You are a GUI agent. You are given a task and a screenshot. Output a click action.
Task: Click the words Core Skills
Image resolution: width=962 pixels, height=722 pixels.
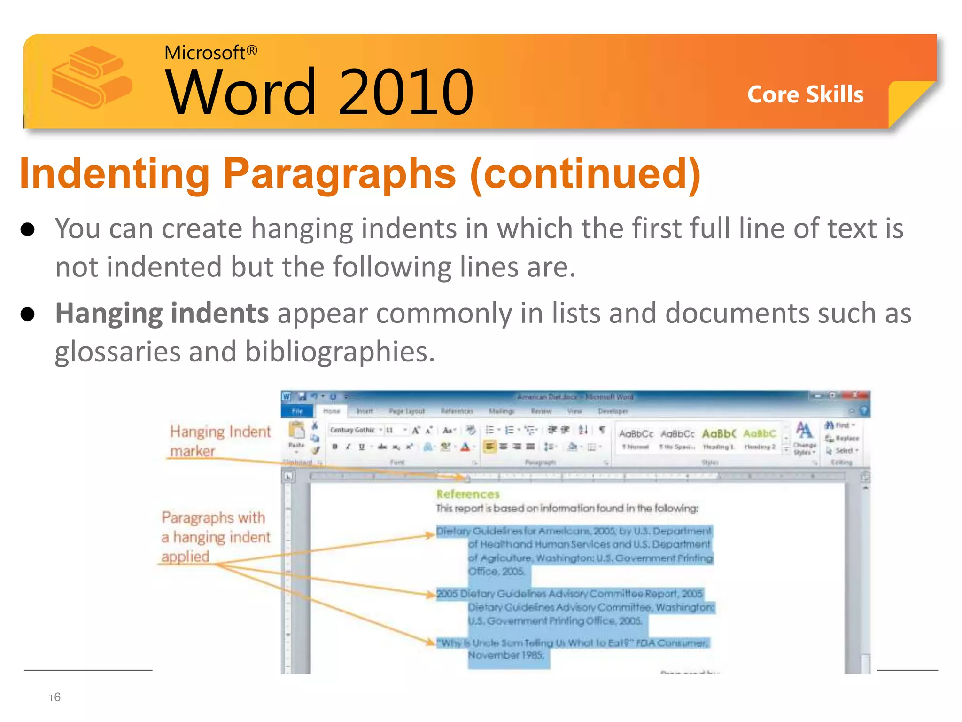[x=805, y=94]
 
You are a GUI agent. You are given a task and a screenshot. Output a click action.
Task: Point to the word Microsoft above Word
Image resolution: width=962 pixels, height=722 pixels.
[x=204, y=53]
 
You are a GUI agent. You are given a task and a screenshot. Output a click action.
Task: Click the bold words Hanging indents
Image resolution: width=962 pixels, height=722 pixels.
[x=162, y=314]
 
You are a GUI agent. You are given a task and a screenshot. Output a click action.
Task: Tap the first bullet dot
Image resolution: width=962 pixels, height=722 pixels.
[x=28, y=230]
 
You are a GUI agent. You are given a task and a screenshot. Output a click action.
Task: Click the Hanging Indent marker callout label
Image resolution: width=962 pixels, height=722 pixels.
[x=220, y=441]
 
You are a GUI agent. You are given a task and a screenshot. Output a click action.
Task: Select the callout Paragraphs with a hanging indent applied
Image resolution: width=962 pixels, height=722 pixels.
[x=216, y=537]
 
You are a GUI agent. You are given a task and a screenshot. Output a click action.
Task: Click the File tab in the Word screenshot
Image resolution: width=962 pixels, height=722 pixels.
[x=297, y=411]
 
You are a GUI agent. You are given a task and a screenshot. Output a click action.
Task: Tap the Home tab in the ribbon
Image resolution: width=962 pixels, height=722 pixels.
[x=332, y=411]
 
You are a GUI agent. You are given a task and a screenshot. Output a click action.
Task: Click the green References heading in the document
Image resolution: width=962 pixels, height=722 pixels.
[x=467, y=494]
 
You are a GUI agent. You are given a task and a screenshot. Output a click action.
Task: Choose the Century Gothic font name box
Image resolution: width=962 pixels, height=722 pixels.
[x=353, y=430]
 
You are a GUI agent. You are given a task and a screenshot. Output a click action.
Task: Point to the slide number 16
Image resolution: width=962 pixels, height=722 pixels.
[x=55, y=697]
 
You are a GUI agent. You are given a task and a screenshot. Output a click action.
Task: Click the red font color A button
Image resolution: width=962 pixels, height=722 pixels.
[x=465, y=447]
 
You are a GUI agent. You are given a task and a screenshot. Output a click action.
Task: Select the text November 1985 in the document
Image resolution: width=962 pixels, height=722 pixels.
[x=506, y=655]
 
